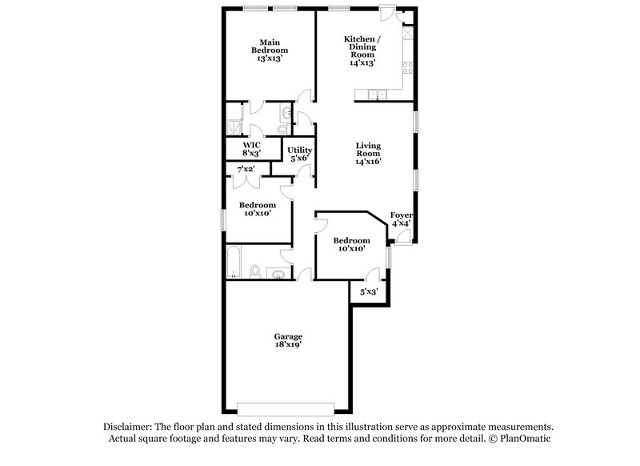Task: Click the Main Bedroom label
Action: pyautogui.click(x=269, y=46)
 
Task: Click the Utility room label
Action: pyautogui.click(x=300, y=150)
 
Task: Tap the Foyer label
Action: pyautogui.click(x=400, y=215)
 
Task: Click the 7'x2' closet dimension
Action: pyautogui.click(x=244, y=169)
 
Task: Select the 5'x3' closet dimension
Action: pyautogui.click(x=369, y=292)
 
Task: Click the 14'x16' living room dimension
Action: pyautogui.click(x=368, y=161)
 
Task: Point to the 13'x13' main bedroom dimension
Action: pyautogui.click(x=269, y=58)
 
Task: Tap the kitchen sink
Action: pyautogui.click(x=375, y=95)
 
